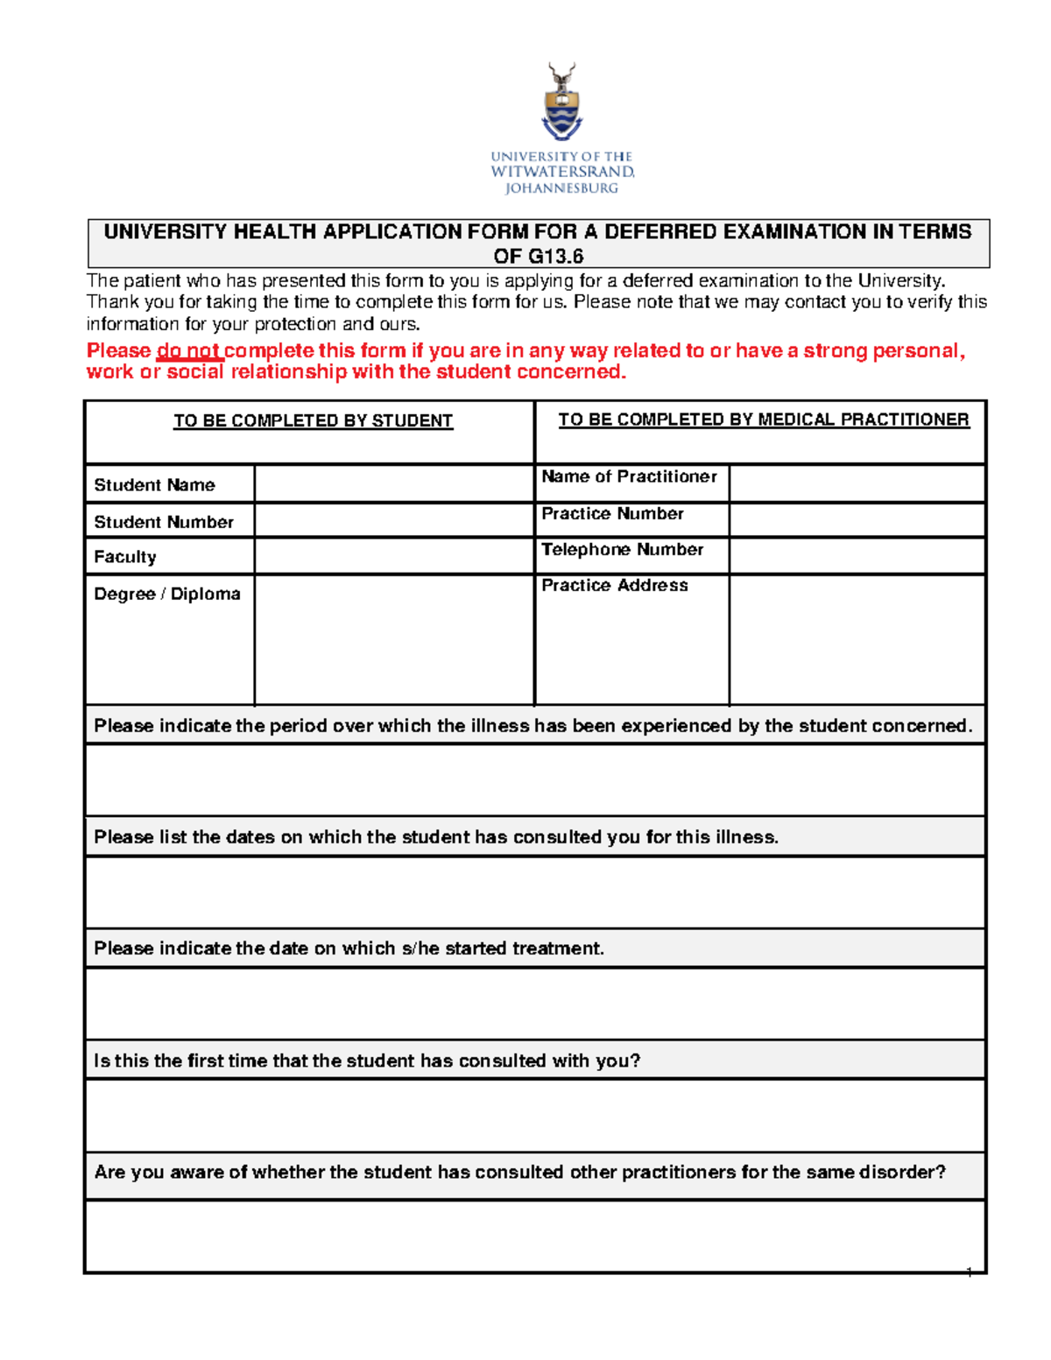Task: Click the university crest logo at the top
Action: coord(561,102)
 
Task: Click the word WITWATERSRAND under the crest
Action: coord(561,172)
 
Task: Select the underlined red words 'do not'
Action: coord(188,351)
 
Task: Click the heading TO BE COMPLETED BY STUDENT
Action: coord(313,421)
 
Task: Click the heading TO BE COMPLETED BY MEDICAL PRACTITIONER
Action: coord(764,420)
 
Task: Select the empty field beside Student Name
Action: coord(394,484)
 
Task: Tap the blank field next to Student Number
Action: coord(394,521)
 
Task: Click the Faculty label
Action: coord(125,557)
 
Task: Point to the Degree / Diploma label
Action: coord(167,594)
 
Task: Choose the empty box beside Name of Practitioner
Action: coord(857,483)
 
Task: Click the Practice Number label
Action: coord(612,514)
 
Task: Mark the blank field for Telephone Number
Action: coord(857,556)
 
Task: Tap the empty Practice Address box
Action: coord(857,639)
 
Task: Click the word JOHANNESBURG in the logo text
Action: coord(561,188)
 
